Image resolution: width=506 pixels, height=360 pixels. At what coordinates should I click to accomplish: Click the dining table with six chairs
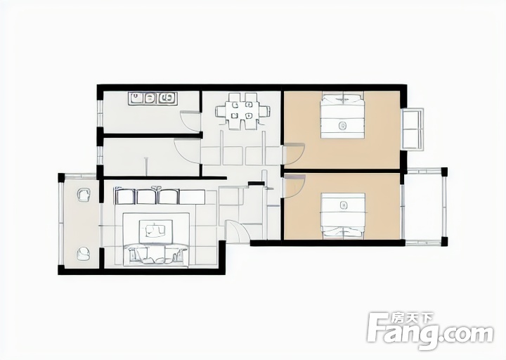242,111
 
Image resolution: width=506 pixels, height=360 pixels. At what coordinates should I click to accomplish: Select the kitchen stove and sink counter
153,98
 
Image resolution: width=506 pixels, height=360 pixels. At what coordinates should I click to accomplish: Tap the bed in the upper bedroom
342,115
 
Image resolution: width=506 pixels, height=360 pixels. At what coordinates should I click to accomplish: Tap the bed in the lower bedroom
343,217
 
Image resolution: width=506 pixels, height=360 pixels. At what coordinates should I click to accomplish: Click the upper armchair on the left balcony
84,195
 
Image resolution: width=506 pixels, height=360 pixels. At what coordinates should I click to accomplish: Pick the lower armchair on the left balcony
84,254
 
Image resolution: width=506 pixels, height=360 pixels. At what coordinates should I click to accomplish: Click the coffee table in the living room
155,231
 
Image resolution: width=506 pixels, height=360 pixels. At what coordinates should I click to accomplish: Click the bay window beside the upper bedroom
412,129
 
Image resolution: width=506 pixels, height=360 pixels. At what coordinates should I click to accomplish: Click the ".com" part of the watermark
467,333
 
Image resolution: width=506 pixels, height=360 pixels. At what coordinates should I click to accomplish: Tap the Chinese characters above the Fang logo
412,319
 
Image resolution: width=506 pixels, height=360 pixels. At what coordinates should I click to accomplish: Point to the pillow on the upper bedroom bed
342,98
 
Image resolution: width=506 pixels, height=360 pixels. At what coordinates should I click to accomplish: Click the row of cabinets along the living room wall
160,196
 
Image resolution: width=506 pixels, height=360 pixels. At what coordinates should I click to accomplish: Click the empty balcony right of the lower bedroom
424,207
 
